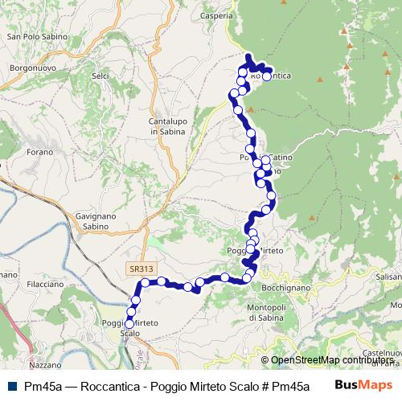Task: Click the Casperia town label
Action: [x=218, y=15]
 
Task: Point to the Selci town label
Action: [x=100, y=76]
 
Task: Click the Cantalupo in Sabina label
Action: [x=167, y=126]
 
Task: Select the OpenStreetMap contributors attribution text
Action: [x=330, y=360]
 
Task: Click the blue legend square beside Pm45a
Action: [x=10, y=386]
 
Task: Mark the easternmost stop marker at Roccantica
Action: [x=267, y=77]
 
